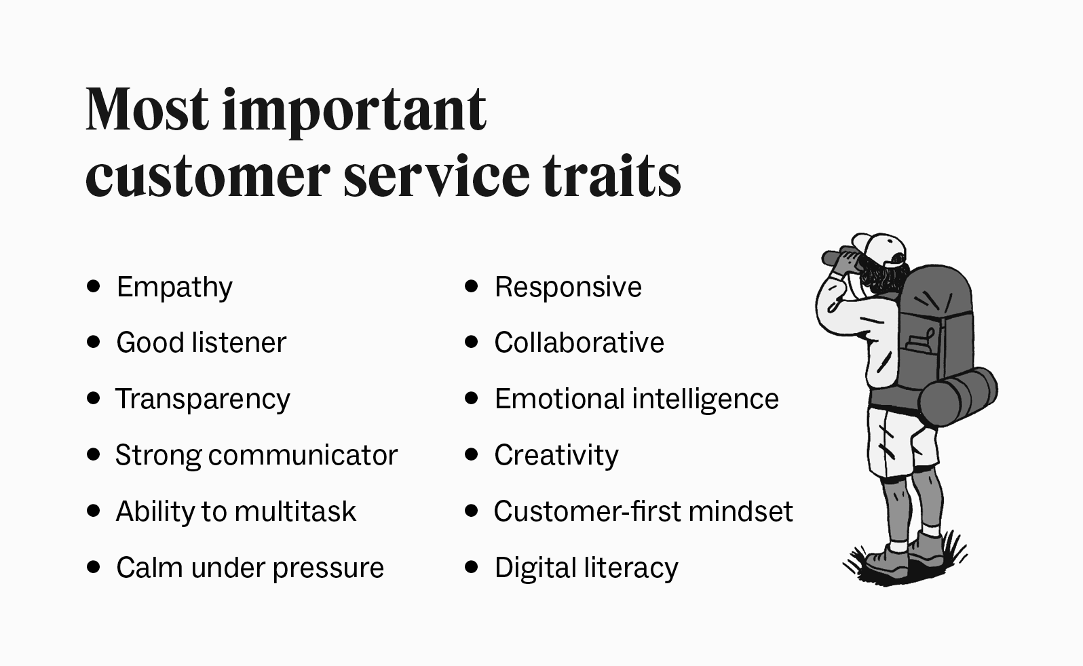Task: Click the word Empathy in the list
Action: tap(174, 288)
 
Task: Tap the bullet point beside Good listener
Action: tap(94, 342)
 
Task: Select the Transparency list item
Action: tap(202, 399)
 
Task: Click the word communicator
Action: tap(303, 455)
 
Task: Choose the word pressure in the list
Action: tap(328, 568)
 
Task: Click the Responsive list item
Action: tap(568, 287)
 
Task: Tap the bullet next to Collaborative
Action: tap(472, 342)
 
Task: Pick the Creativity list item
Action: tap(556, 455)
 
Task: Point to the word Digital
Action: tap(534, 568)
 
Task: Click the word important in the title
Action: tap(354, 110)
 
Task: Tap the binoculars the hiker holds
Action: tap(840, 258)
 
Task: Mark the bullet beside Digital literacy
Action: tap(472, 567)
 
